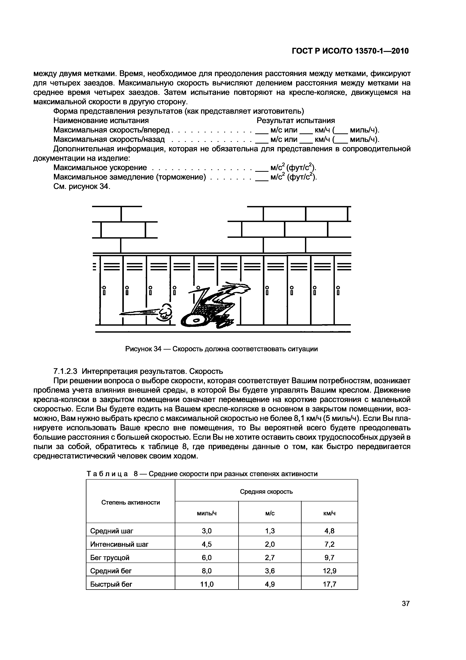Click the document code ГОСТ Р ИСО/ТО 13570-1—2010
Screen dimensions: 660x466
[x=350, y=51]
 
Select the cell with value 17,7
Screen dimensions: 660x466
[x=329, y=584]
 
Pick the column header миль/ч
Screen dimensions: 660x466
[x=207, y=513]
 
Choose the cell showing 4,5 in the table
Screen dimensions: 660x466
[x=207, y=544]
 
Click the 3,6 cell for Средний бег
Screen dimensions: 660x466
[x=270, y=571]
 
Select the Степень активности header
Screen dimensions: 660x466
[x=130, y=503]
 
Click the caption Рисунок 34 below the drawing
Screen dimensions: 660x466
[x=221, y=349]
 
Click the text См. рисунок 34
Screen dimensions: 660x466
[x=82, y=186]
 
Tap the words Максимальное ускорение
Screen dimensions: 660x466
[x=100, y=168]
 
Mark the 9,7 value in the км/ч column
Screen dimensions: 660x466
[x=329, y=558]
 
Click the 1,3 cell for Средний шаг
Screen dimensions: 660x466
[x=270, y=531]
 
